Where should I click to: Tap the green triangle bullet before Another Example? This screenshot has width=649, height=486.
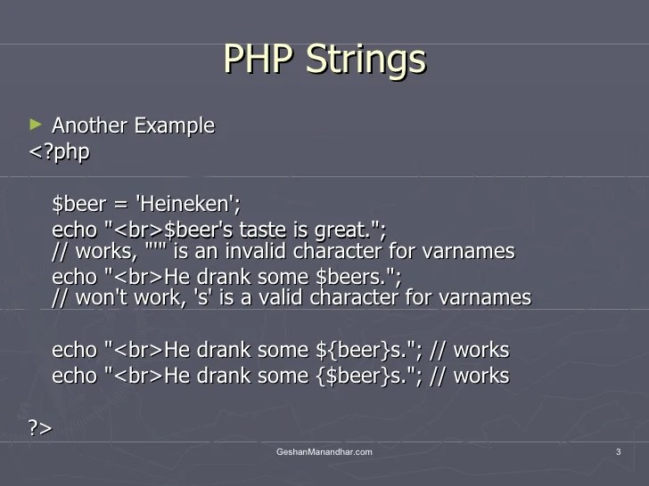coord(36,124)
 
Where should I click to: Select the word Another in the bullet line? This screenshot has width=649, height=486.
coord(89,126)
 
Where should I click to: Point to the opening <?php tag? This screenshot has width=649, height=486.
coord(60,152)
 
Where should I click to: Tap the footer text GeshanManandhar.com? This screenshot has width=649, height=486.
coord(324,453)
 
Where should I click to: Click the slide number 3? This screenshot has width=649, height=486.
coord(618,453)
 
